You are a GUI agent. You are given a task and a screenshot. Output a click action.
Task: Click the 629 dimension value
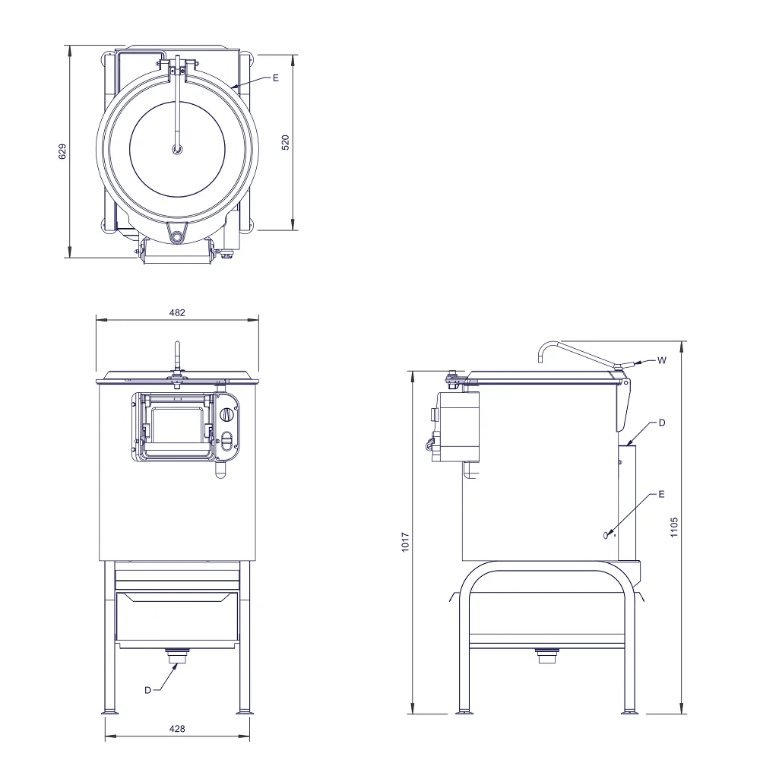(62, 151)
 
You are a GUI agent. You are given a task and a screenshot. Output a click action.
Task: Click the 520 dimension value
(286, 143)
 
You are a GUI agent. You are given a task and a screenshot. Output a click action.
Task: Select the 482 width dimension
(177, 312)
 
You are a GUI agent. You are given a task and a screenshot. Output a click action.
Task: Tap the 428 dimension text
(177, 729)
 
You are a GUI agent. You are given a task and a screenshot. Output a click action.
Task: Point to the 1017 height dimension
(406, 542)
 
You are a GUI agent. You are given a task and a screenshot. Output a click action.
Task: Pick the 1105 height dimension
(674, 527)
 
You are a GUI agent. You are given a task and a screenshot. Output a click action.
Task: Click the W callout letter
(662, 360)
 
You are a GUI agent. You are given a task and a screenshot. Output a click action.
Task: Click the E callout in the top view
(276, 78)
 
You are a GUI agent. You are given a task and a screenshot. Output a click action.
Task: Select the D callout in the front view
(148, 690)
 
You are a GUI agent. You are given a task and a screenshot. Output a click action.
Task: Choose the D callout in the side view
(662, 423)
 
